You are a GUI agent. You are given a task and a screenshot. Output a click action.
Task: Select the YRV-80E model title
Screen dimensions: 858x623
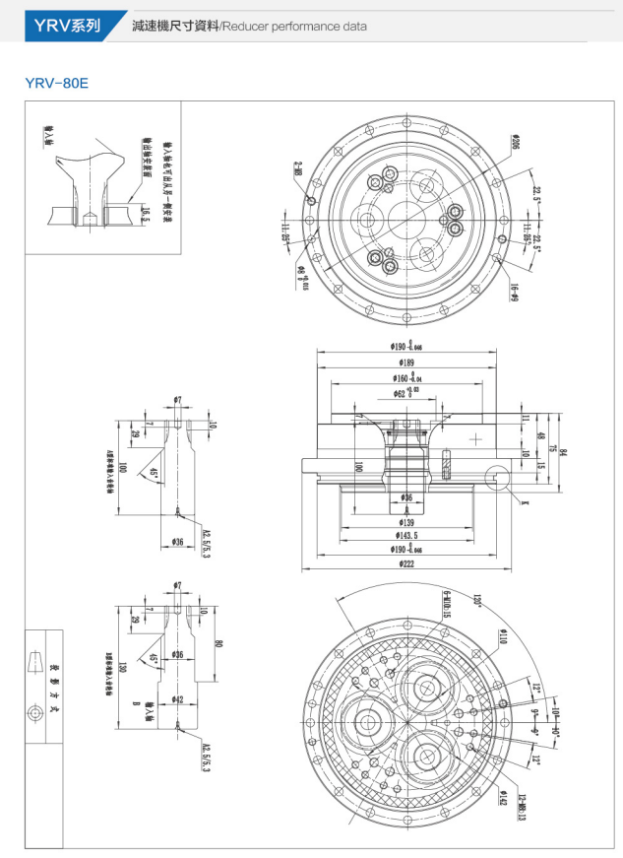(57, 84)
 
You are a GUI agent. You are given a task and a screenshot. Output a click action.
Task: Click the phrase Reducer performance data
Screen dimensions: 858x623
(294, 27)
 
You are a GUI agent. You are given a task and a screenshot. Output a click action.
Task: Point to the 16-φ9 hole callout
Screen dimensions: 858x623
(513, 291)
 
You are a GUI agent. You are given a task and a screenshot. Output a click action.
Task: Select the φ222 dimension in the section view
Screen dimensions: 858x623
(405, 564)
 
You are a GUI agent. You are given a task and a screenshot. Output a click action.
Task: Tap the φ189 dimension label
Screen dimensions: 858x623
(405, 363)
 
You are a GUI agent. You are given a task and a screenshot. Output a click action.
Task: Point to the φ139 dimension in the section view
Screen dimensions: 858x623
(405, 522)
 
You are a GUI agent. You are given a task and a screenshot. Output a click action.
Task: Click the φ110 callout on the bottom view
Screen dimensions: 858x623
(502, 637)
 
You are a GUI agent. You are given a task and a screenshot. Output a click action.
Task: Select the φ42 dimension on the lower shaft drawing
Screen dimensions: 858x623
(177, 698)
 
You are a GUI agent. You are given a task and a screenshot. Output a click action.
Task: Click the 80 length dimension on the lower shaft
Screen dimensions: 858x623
(218, 645)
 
